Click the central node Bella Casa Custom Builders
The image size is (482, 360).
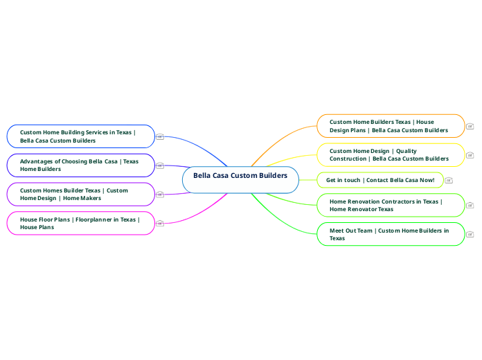coord(240,176)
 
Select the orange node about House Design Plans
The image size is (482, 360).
coord(391,125)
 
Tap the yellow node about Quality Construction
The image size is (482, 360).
coord(391,154)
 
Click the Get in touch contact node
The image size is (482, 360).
coord(380,180)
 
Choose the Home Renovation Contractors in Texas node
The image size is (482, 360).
coord(391,205)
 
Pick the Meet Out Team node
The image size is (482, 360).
coord(391,234)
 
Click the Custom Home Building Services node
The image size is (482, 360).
coord(80,136)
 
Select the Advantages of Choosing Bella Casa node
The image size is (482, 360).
coord(80,165)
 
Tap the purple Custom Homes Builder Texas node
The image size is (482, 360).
coord(80,194)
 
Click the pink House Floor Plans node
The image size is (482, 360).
coord(80,223)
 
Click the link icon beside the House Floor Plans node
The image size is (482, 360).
coord(160,223)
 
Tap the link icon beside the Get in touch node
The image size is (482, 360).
coord(449,180)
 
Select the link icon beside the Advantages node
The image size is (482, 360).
coord(160,165)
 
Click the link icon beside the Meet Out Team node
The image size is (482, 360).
coord(470,234)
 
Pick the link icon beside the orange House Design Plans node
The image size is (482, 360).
coord(470,126)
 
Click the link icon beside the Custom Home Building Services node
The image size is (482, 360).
coord(160,136)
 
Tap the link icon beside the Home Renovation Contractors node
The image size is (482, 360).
coord(470,205)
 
